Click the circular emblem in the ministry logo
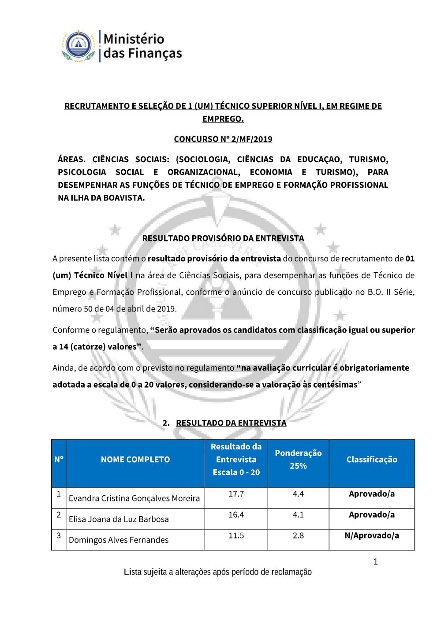pyautogui.click(x=78, y=45)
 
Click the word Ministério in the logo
pyautogui.click(x=134, y=39)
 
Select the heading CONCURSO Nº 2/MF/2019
pyautogui.click(x=223, y=139)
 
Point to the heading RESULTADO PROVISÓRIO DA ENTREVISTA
pyautogui.click(x=223, y=238)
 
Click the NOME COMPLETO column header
pyautogui.click(x=135, y=460)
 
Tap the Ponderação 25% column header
pyautogui.click(x=298, y=460)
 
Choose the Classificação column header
pyautogui.click(x=371, y=460)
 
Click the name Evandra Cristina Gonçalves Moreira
pyautogui.click(x=134, y=498)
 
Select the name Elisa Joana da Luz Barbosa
pyautogui.click(x=119, y=519)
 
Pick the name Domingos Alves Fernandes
pyautogui.click(x=118, y=540)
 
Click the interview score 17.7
pyautogui.click(x=236, y=494)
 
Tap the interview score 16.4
pyautogui.click(x=236, y=515)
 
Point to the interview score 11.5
pyautogui.click(x=236, y=536)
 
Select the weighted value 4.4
pyautogui.click(x=298, y=494)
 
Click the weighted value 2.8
pyautogui.click(x=298, y=536)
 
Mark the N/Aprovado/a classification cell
pyautogui.click(x=371, y=536)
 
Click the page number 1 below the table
pyautogui.click(x=375, y=562)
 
